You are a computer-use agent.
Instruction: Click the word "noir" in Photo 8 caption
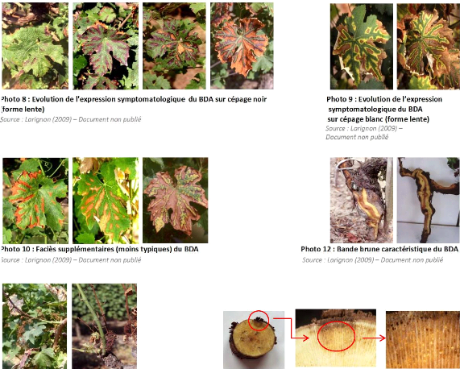click(x=259, y=99)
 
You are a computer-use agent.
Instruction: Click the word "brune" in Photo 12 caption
click(x=365, y=249)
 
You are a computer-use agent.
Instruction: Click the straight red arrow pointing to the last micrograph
click(x=374, y=338)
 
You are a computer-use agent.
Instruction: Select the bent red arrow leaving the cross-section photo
click(x=291, y=329)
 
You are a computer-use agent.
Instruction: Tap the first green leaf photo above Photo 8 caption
click(x=35, y=46)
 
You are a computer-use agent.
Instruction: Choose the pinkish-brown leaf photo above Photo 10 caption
click(x=176, y=201)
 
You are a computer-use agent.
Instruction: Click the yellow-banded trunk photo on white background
click(x=429, y=201)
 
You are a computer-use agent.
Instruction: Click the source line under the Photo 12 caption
click(x=372, y=260)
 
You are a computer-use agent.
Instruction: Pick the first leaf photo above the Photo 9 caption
click(x=362, y=47)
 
